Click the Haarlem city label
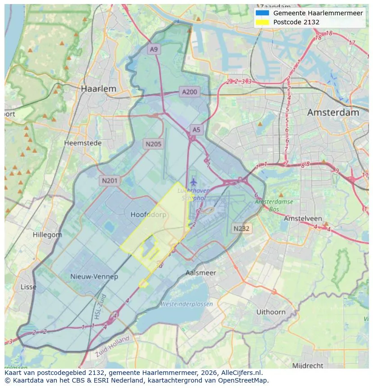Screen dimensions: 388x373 pos(98,89)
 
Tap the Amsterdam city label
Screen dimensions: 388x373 pos(333,113)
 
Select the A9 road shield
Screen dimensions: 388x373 pos(154,50)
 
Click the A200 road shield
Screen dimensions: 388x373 pos(189,92)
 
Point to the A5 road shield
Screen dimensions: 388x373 pos(196,130)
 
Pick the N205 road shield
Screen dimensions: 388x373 pos(153,144)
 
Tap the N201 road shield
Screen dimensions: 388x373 pos(109,181)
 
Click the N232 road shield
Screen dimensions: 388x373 pos(241,228)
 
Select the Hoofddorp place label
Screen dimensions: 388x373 pos(148,215)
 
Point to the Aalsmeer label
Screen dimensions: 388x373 pos(201,273)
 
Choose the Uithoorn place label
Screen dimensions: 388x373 pos(271,312)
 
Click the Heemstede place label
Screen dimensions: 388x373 pos(83,143)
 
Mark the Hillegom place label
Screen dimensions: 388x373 pos(47,235)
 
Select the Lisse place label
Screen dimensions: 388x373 pos(28,287)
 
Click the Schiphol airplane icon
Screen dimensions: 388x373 pos(194,182)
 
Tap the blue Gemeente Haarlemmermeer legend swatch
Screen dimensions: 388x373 pos(262,13)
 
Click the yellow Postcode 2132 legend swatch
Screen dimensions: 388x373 pos(262,22)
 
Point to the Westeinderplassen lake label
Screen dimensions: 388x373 pos(186,304)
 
